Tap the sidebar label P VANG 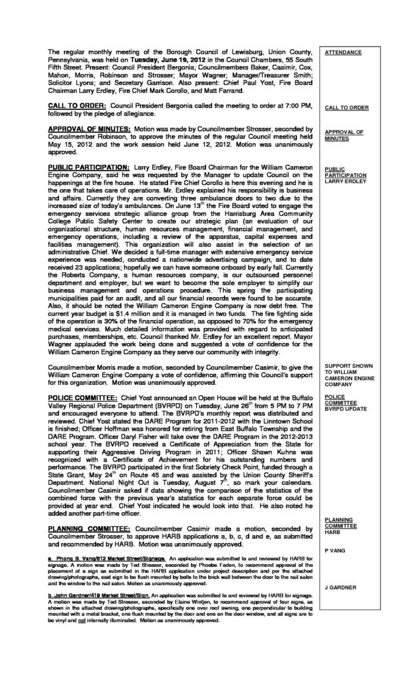click(334, 552)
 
